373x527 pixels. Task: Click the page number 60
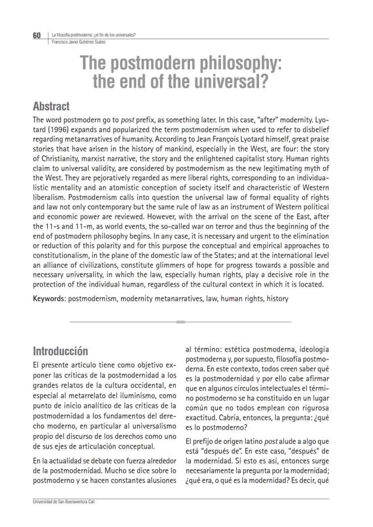coord(36,36)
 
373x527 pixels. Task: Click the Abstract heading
coord(51,106)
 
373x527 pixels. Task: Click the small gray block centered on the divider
coord(181,322)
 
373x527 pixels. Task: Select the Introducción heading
coord(61,351)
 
